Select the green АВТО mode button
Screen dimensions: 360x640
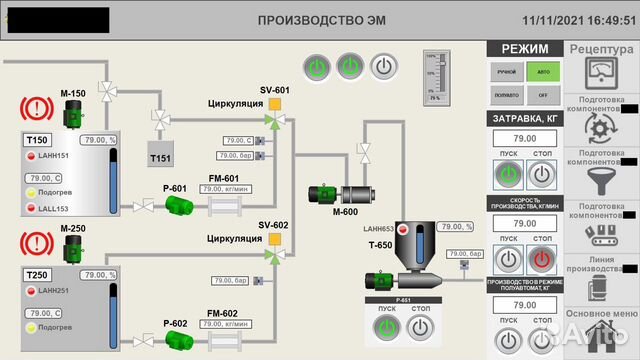pos(542,72)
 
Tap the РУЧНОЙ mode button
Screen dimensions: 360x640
pos(506,72)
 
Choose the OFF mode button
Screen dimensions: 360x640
pos(542,95)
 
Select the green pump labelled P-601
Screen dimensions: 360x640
pos(180,206)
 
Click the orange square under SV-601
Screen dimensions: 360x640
pos(274,103)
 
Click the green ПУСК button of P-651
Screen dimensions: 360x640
pos(385,326)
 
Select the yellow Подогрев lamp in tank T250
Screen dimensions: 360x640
pos(31,327)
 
